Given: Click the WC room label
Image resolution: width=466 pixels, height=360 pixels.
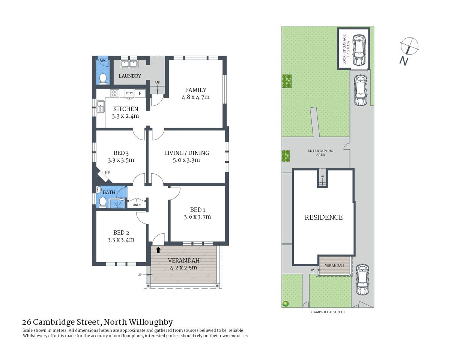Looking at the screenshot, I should (x=103, y=60).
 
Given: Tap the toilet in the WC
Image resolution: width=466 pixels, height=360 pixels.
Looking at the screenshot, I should (x=103, y=78).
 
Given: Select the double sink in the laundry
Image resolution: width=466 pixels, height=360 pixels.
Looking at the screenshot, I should (x=129, y=64).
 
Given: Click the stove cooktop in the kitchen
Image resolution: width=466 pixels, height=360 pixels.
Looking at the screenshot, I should (x=115, y=93).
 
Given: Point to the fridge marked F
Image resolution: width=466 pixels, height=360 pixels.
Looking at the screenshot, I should (x=140, y=93).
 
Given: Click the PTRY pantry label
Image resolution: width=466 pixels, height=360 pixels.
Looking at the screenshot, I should (x=129, y=93).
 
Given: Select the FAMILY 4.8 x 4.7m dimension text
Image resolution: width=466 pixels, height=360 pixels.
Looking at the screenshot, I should (x=195, y=97).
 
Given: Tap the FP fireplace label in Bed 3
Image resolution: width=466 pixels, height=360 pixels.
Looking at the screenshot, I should (x=108, y=172).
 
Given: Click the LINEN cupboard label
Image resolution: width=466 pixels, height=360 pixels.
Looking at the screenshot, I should (x=137, y=205).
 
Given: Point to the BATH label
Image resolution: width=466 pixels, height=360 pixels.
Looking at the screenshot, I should (x=109, y=192).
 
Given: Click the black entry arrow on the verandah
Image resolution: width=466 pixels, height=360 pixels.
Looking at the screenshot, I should (x=158, y=250).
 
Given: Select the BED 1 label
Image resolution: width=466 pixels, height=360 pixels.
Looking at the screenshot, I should (x=197, y=210).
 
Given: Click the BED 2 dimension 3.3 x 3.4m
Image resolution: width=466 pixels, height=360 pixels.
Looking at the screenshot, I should (x=121, y=240).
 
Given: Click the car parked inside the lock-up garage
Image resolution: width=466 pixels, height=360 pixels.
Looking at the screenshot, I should (x=359, y=50).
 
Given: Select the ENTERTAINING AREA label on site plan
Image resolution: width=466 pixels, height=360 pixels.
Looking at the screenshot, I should (x=320, y=153).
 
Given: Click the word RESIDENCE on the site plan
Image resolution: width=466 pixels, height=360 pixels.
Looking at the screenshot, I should (x=323, y=217).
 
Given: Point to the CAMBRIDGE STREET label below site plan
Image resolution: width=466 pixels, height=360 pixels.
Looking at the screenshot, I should (x=328, y=312).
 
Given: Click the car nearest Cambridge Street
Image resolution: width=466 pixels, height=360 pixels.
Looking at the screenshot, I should (x=362, y=280).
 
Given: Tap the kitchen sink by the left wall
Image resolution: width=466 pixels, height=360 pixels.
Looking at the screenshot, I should (x=100, y=106).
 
